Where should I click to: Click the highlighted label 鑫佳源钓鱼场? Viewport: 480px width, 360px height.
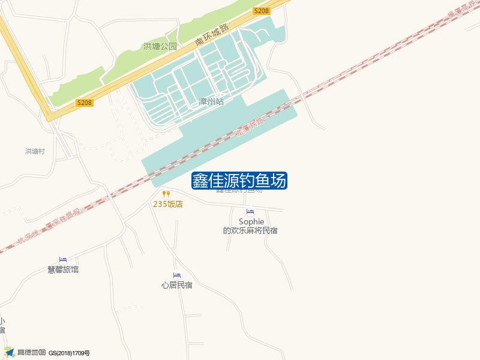(x=239, y=181)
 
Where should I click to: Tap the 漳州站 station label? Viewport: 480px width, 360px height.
(x=211, y=102)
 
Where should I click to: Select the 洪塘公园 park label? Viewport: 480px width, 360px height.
(x=160, y=46)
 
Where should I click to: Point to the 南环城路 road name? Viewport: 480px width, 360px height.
(x=212, y=35)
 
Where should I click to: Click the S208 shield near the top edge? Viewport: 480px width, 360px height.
(x=261, y=11)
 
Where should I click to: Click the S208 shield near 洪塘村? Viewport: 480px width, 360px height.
(x=85, y=103)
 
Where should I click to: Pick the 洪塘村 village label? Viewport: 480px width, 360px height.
(x=35, y=151)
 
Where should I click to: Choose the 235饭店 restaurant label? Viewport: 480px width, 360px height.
(x=168, y=204)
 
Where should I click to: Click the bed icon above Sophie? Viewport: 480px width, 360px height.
(x=250, y=212)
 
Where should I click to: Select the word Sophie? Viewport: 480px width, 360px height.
(x=251, y=221)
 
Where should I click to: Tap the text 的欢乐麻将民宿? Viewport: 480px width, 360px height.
(x=250, y=230)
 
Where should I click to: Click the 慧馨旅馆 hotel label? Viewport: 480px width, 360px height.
(x=63, y=269)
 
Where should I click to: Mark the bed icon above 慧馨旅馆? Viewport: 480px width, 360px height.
(x=63, y=259)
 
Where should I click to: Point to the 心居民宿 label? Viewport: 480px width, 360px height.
(x=177, y=285)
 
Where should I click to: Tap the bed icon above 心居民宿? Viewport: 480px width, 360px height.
(x=177, y=275)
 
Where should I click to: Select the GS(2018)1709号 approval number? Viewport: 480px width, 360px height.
(x=69, y=353)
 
